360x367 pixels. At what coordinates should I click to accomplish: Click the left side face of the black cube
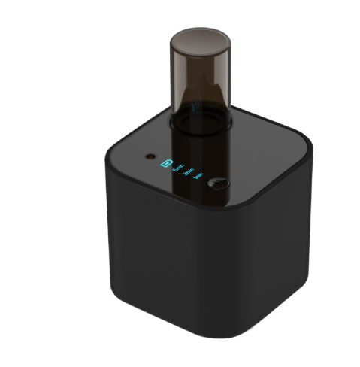tap(139, 241)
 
